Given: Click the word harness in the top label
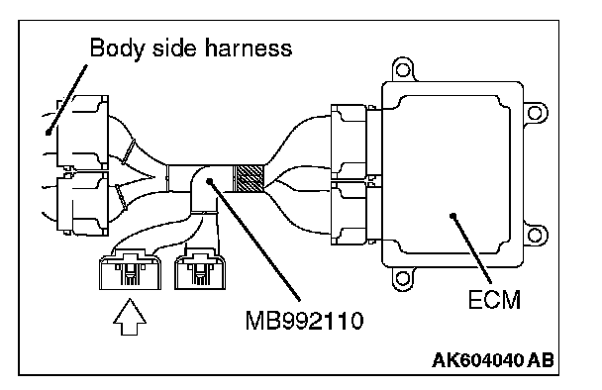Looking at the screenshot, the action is (248, 48).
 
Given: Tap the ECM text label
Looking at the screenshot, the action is (494, 299).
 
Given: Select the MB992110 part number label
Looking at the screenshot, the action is (304, 320).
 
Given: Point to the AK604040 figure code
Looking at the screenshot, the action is (477, 360).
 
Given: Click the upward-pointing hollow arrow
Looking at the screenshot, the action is (130, 317).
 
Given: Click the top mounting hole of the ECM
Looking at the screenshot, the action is (402, 70).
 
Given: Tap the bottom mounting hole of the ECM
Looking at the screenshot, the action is (402, 278).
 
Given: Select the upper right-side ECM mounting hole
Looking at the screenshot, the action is (535, 113).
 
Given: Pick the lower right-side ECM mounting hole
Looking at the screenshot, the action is (535, 235).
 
